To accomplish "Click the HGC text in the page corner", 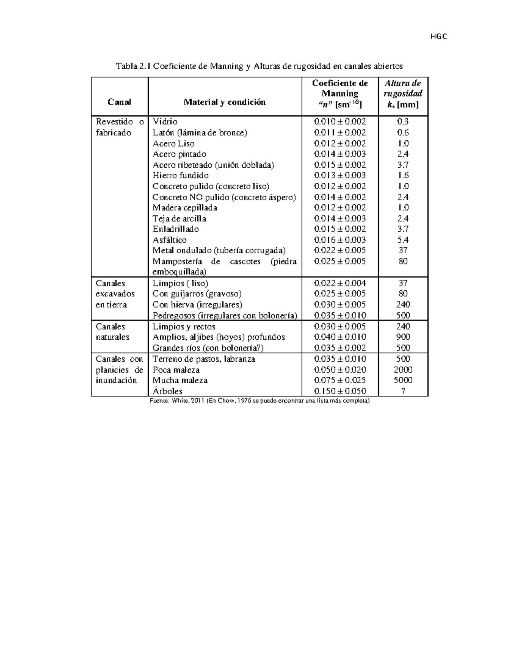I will coord(438,37).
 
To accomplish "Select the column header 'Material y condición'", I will coord(224,102).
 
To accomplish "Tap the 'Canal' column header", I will coord(119,102).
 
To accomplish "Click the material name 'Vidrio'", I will coord(165,122).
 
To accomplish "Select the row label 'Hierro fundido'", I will coord(180,175).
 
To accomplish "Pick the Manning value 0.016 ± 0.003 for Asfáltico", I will coord(340,240).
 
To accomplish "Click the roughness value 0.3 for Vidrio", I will coord(403,122).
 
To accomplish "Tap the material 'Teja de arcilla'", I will coord(179,219).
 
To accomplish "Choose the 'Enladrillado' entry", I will coord(176,229).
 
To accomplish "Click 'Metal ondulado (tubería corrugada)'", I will coord(219,251).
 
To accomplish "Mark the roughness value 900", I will coord(403,337).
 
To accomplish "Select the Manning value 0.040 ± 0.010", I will coord(340,337).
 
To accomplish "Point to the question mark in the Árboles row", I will coord(403,391).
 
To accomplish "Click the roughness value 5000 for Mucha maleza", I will coord(403,380).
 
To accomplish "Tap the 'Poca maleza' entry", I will coord(176,370).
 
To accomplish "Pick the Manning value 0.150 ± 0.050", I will coord(340,391).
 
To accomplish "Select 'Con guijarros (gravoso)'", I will coord(197,294).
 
